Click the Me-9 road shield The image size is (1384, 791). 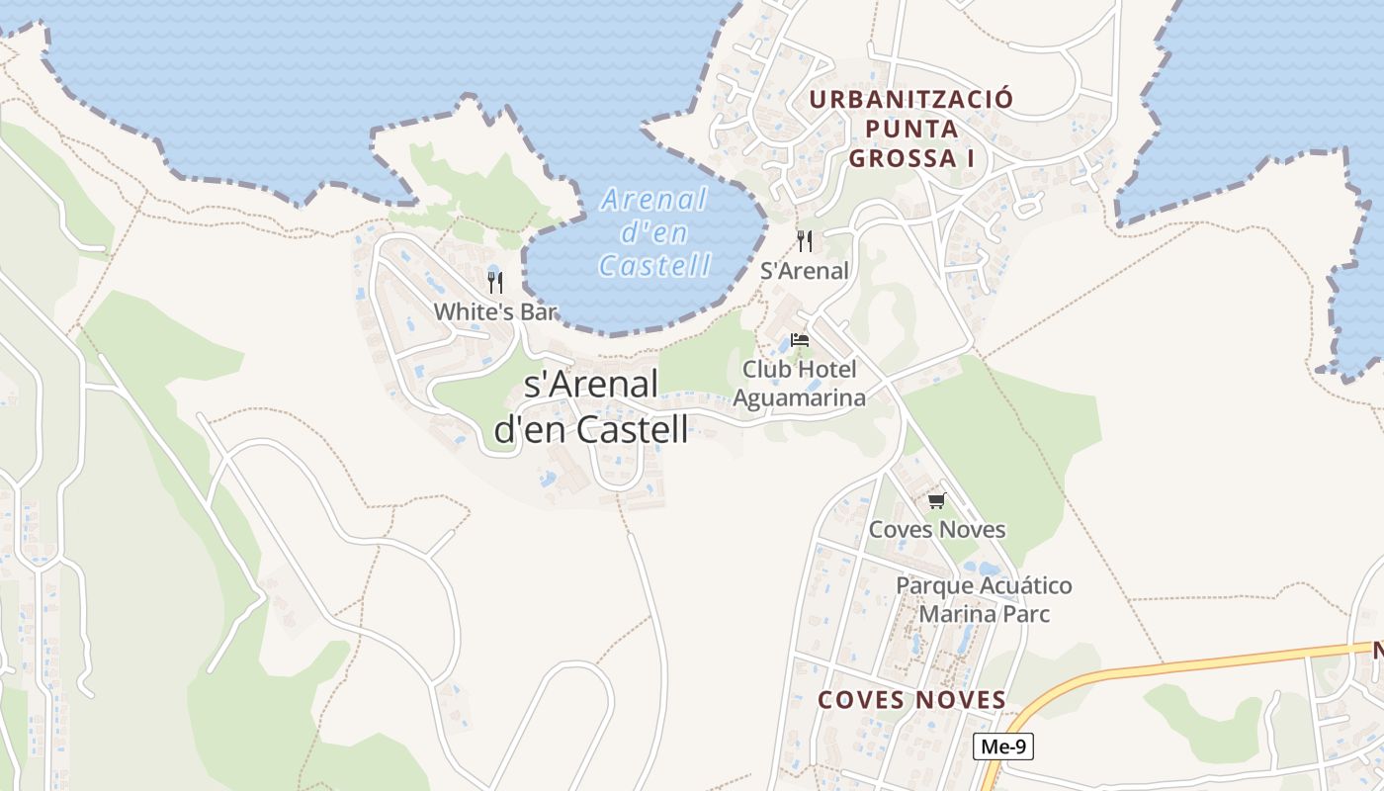pos(1003,747)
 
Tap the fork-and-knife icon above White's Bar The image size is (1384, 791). pos(495,283)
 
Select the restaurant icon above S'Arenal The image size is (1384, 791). pos(805,241)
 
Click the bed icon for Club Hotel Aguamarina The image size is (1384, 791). pos(800,340)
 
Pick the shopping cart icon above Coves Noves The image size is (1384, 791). pos(937,500)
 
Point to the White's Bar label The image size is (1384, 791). pos(495,311)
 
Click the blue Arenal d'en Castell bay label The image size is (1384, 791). pos(654,232)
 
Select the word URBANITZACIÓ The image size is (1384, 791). pos(911,100)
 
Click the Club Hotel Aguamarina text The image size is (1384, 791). pos(800,384)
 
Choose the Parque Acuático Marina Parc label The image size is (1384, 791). pos(984,599)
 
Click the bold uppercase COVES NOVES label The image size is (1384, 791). pos(911,700)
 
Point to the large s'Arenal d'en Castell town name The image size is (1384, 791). pos(591,406)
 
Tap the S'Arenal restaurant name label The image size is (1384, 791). pos(805,271)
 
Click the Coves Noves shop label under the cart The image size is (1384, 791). pos(937,530)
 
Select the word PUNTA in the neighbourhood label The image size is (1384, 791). pos(911,129)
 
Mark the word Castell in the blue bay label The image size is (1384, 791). pos(654,265)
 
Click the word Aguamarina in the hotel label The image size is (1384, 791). pos(800,398)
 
